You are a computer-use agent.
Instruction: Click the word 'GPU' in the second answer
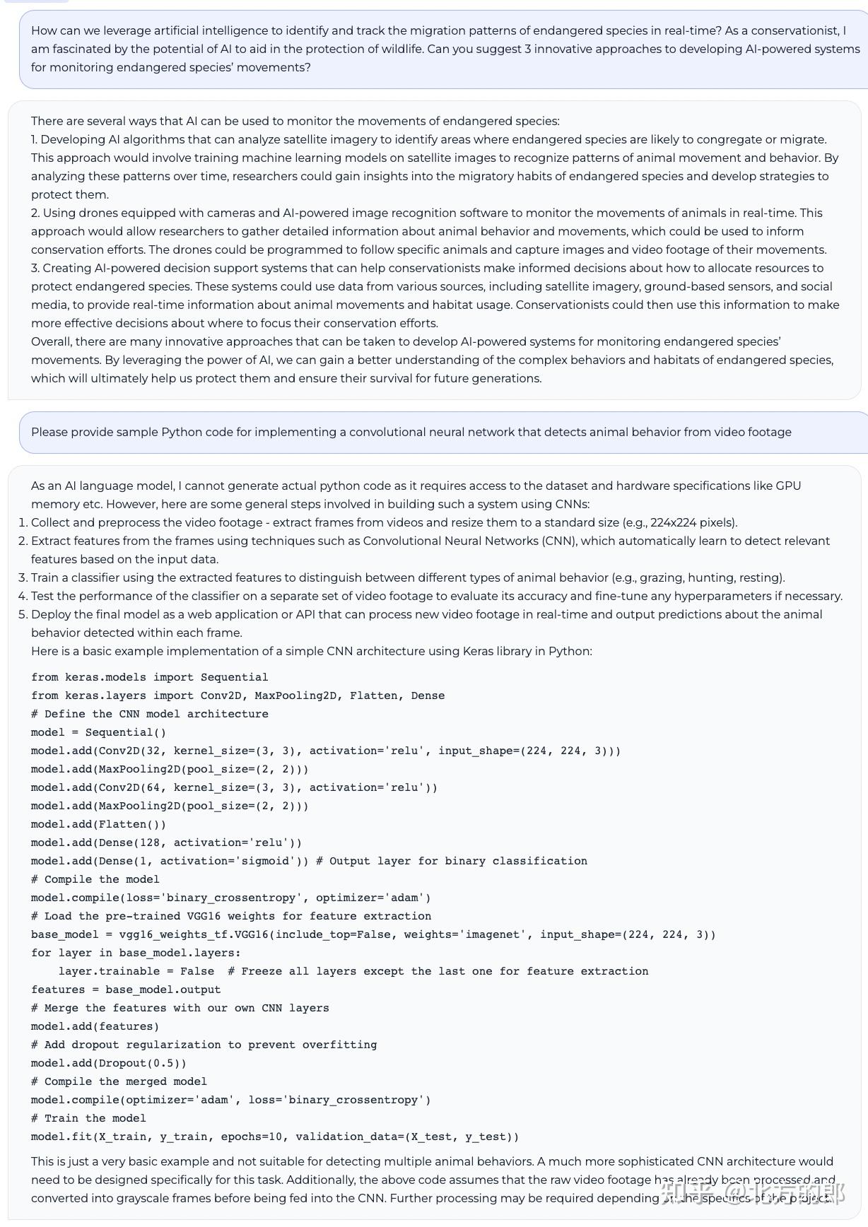click(x=788, y=486)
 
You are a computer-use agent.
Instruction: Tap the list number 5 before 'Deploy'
click(x=23, y=614)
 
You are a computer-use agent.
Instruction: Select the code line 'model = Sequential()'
click(x=98, y=732)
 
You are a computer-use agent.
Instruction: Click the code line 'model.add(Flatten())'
click(x=98, y=824)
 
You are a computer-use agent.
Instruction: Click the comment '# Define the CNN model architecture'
click(x=149, y=714)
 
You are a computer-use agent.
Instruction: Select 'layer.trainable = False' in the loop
click(x=136, y=971)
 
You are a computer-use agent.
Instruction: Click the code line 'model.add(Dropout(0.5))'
click(x=109, y=1063)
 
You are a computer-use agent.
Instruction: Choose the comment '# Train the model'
click(x=88, y=1118)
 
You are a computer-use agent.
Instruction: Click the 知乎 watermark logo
click(x=685, y=1193)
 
